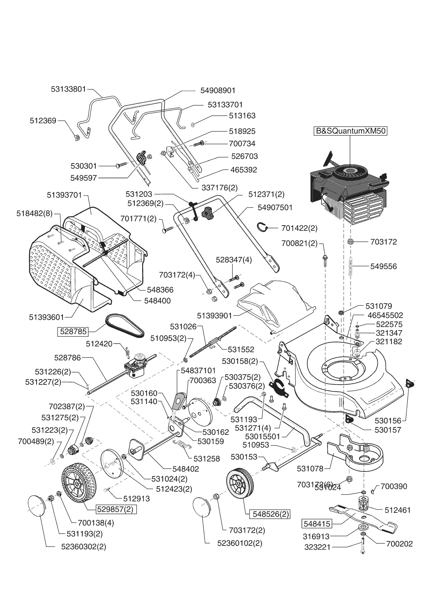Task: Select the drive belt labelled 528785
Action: coord(124,325)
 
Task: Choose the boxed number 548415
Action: coord(317,523)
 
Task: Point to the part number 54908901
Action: coord(218,90)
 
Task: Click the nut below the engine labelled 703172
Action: coord(351,241)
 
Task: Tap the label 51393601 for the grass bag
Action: coord(47,317)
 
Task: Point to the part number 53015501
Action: coord(262,436)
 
